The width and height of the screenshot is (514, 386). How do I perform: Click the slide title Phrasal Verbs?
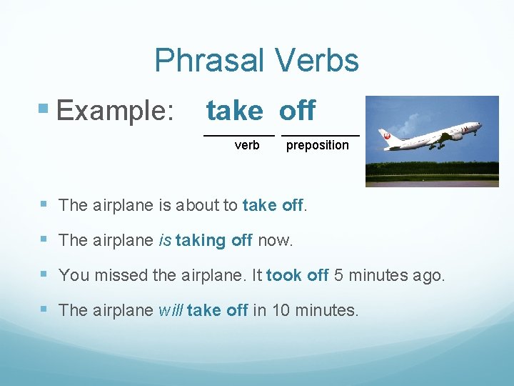[x=256, y=61]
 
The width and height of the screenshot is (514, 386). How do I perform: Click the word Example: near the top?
[x=115, y=111]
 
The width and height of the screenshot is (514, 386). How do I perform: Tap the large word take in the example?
[x=235, y=111]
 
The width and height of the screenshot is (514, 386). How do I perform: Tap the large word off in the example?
[x=297, y=111]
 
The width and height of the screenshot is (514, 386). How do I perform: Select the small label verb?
[x=247, y=145]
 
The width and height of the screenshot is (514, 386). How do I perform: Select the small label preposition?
[x=317, y=145]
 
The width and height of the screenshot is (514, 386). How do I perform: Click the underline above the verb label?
[x=239, y=134]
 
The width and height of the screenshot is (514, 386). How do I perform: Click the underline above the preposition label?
[x=320, y=134]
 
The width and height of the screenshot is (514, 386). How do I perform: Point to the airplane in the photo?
[x=431, y=136]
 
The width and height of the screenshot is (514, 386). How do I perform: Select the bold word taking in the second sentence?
[x=201, y=241]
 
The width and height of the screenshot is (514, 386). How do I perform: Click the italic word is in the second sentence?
[x=164, y=241]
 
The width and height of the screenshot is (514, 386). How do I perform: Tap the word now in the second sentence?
[x=275, y=241]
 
